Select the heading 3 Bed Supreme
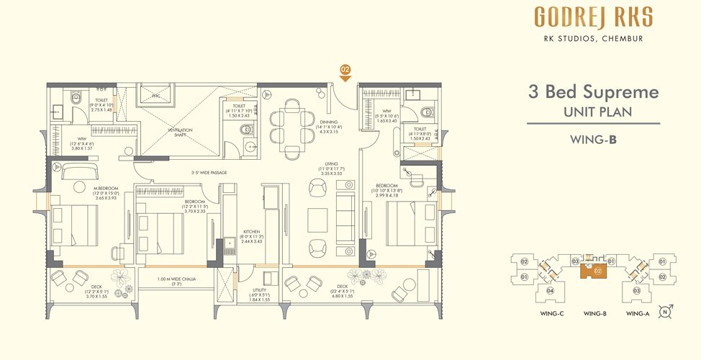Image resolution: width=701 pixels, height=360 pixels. pos(592,91)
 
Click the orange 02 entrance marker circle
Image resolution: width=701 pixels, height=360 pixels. pos(345,69)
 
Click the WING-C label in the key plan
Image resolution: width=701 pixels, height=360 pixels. pos(551,313)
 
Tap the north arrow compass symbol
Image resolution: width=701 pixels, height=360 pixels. pos(666,312)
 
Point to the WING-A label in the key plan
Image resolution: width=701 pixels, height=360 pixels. pos(638,313)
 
